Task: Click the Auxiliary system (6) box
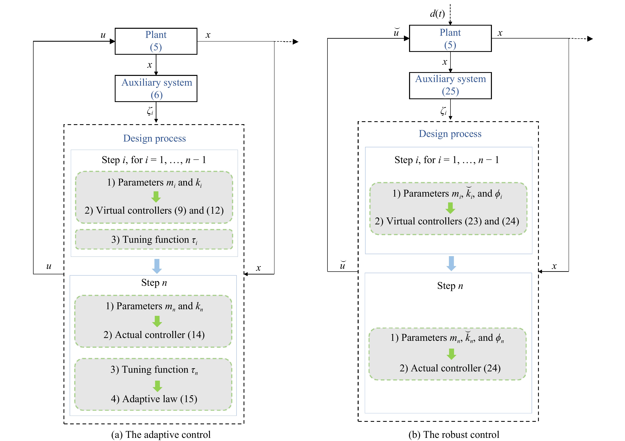156,88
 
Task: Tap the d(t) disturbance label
437,14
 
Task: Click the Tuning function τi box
154,239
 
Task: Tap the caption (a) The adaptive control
161,434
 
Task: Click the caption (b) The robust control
454,434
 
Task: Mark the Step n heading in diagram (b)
450,286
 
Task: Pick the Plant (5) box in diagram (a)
156,41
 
